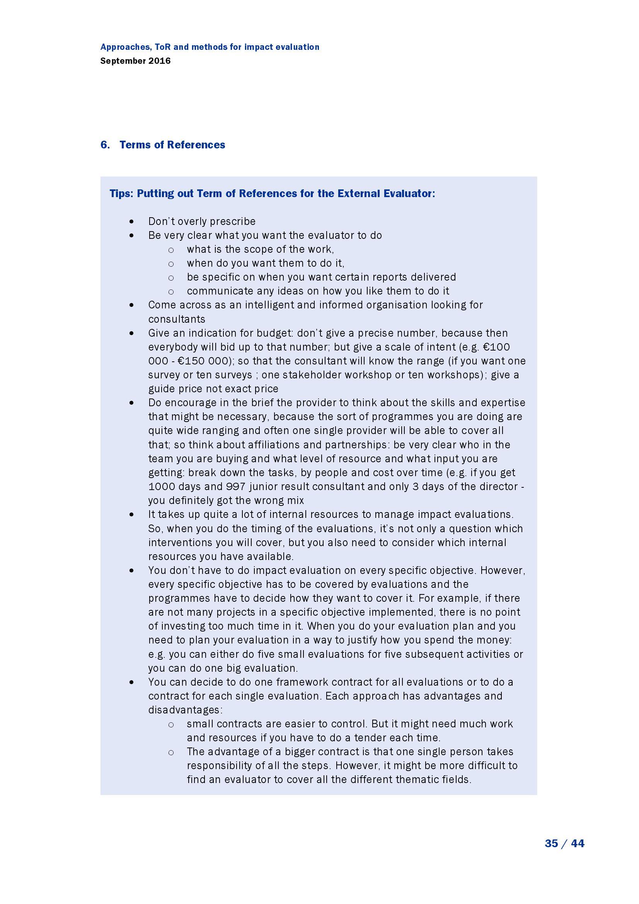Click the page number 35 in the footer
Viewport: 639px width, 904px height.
point(551,843)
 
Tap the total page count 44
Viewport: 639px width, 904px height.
point(577,843)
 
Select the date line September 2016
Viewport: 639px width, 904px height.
point(135,61)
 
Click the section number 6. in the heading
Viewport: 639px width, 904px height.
point(105,145)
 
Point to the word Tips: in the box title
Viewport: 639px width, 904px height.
point(121,194)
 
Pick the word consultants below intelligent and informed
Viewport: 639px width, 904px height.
point(177,319)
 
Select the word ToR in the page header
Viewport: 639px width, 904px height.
point(163,47)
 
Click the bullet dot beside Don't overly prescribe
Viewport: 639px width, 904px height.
point(131,222)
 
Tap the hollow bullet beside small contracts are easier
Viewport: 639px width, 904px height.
point(171,724)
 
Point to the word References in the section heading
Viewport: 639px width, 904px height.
point(196,145)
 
